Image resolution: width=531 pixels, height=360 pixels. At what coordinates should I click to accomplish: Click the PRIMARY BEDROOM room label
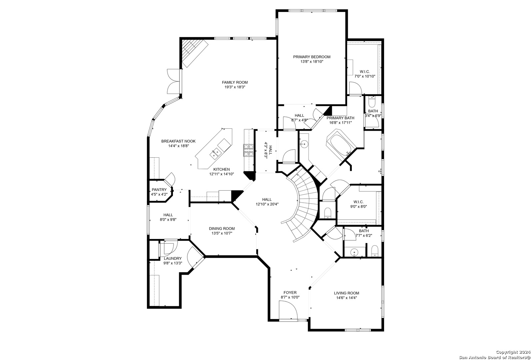pos(312,57)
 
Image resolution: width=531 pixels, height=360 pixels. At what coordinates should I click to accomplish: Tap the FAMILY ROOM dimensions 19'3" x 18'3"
pos(235,87)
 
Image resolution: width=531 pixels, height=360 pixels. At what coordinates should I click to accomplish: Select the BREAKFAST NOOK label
pos(179,141)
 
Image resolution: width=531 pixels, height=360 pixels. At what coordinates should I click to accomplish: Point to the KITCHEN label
pos(222,169)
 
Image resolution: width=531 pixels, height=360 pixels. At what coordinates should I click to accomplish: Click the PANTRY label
pos(159,190)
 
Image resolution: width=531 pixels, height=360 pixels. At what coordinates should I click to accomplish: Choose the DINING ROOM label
pos(222,229)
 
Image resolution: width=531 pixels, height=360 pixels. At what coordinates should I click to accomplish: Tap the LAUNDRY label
pos(173,258)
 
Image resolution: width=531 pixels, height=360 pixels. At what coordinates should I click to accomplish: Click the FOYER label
pos(290,293)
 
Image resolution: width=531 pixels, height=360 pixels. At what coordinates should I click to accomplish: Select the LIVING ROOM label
pos(346,293)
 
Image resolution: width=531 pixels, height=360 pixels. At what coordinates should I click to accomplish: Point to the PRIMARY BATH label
pos(340,118)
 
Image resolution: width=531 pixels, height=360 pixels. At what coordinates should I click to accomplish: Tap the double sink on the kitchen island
pos(49,153)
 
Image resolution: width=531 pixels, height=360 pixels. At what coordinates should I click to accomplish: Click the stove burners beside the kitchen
pos(248,150)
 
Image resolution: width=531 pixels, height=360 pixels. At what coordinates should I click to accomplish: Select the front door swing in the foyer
pos(288,310)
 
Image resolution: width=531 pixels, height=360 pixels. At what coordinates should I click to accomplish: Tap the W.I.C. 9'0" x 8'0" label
pos(358,204)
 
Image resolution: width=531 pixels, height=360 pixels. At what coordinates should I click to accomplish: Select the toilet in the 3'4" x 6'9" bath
pos(372,102)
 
